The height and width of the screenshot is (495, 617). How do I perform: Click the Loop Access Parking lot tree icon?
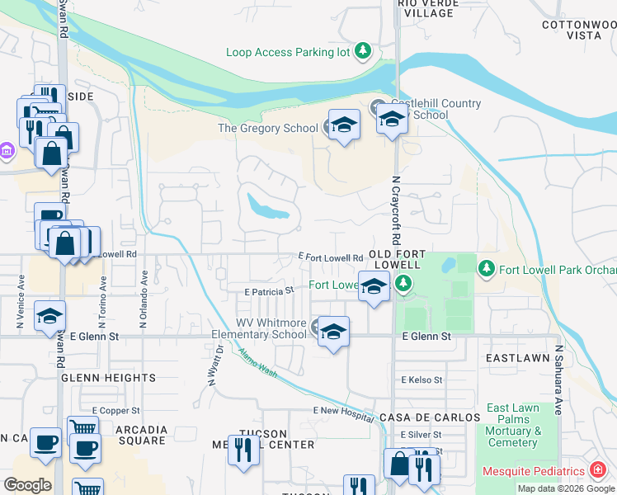tap(363, 52)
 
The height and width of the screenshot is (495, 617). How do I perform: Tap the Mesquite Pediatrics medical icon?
tap(597, 471)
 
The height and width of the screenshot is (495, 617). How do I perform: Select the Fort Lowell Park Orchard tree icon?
tap(487, 269)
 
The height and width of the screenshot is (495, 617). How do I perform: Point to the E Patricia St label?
tap(269, 291)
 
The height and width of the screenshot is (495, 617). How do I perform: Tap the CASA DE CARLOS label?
tap(430, 417)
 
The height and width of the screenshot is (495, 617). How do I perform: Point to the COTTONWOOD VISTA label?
tap(578, 31)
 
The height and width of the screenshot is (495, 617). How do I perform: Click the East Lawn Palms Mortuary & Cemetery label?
tap(514, 425)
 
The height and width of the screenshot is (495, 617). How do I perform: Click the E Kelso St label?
tap(422, 380)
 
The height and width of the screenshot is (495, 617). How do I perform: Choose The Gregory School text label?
tap(267, 128)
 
